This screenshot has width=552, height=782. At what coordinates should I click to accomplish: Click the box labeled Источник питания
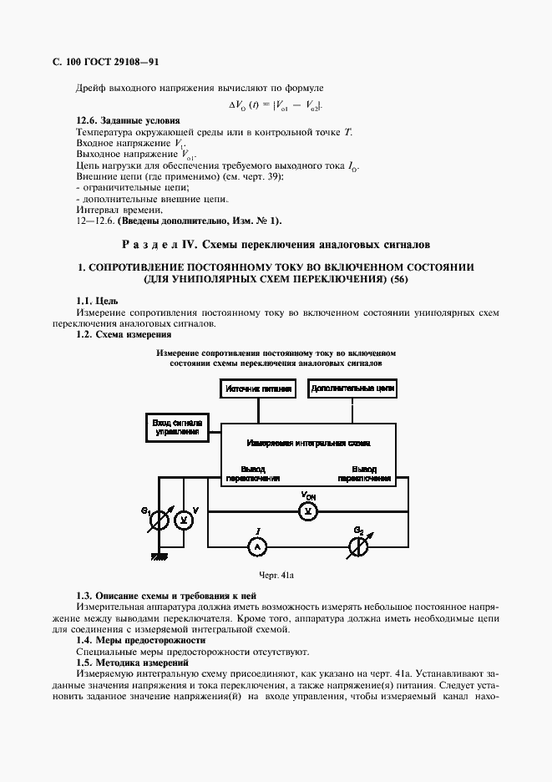coord(258,389)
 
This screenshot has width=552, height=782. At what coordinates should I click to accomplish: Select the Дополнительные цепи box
coord(352,388)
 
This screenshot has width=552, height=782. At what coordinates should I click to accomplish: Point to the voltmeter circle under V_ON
coord(308,510)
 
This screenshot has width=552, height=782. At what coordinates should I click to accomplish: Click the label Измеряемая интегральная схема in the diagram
coord(308,442)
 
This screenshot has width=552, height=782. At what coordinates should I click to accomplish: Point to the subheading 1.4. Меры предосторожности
coord(139,640)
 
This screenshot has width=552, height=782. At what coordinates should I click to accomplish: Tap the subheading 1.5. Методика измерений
coord(132,662)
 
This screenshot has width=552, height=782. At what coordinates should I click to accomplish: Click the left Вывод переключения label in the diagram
coord(251,474)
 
